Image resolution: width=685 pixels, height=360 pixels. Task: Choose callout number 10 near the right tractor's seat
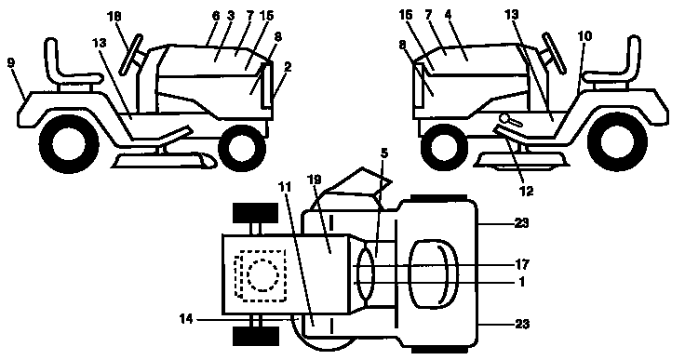[x=584, y=35]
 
